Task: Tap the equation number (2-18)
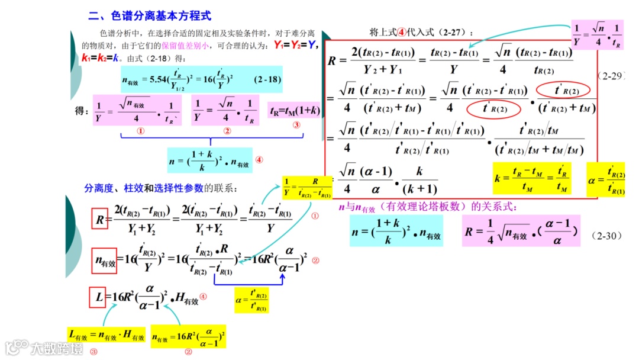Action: point(266,79)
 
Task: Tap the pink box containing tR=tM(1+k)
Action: point(295,111)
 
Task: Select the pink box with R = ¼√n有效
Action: point(521,230)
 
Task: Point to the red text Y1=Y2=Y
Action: point(296,46)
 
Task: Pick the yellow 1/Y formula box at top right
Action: point(598,35)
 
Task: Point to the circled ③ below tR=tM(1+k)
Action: point(296,125)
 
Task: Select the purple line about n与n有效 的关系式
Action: point(427,208)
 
